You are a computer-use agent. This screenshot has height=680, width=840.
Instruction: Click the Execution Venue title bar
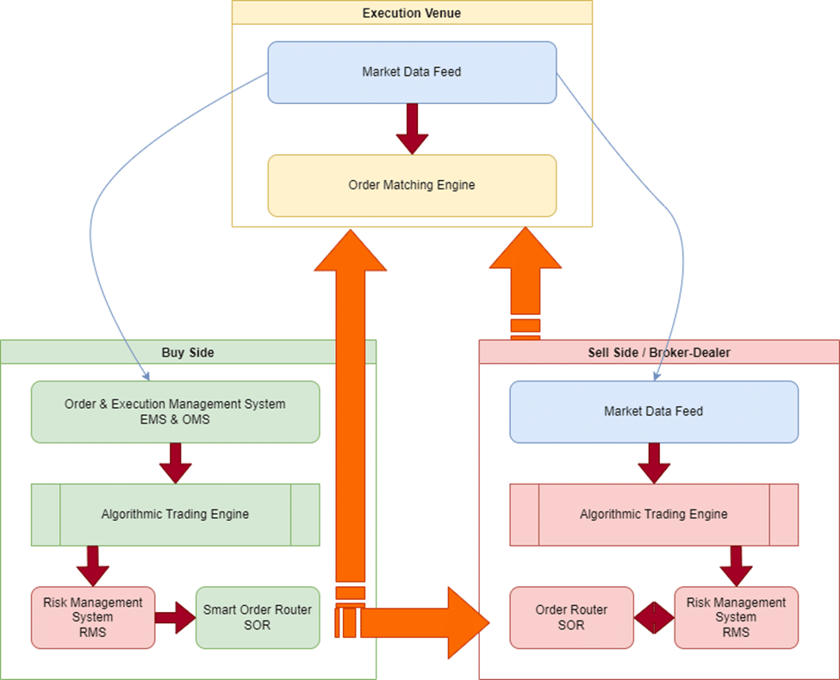point(412,13)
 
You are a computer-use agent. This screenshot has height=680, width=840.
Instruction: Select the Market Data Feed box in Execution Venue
point(412,72)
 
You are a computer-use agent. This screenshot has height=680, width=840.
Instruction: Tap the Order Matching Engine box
point(412,185)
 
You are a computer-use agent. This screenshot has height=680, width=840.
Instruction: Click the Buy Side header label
point(188,352)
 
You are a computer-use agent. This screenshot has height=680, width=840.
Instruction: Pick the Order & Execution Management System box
point(175,411)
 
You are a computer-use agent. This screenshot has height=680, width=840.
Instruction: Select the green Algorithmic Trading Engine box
point(175,515)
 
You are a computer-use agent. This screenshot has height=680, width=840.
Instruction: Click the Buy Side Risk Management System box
point(92,617)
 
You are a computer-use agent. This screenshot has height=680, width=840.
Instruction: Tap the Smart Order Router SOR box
point(258,617)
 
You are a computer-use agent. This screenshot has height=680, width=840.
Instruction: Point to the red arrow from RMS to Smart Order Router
point(176,617)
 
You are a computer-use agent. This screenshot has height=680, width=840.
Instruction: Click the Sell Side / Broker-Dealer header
point(658,352)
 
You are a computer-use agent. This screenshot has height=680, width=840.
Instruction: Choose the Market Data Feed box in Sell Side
point(653,411)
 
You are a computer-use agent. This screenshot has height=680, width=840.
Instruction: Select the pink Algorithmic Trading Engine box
point(653,515)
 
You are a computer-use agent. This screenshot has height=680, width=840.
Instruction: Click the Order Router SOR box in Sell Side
point(571,617)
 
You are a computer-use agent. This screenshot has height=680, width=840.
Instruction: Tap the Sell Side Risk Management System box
point(736,617)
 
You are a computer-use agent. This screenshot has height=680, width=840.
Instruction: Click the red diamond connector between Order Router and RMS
point(654,617)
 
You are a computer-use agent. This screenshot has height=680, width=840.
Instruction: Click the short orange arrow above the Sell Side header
point(525,275)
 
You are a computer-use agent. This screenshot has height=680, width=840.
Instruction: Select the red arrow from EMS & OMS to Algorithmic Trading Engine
point(175,463)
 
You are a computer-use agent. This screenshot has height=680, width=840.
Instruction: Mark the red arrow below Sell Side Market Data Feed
point(653,463)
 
